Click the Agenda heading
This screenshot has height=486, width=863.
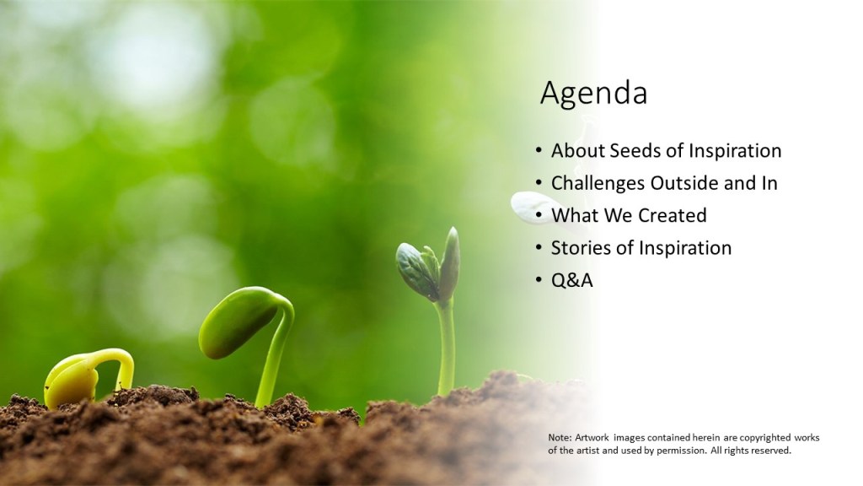coord(593,93)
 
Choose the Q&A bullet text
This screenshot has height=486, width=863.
coord(572,280)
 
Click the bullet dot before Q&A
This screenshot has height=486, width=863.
coord(539,280)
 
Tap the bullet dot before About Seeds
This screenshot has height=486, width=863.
coord(539,150)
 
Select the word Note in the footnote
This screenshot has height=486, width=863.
coord(560,438)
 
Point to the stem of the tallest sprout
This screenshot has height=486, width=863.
coord(446,347)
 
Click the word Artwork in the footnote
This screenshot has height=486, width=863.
coord(592,438)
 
